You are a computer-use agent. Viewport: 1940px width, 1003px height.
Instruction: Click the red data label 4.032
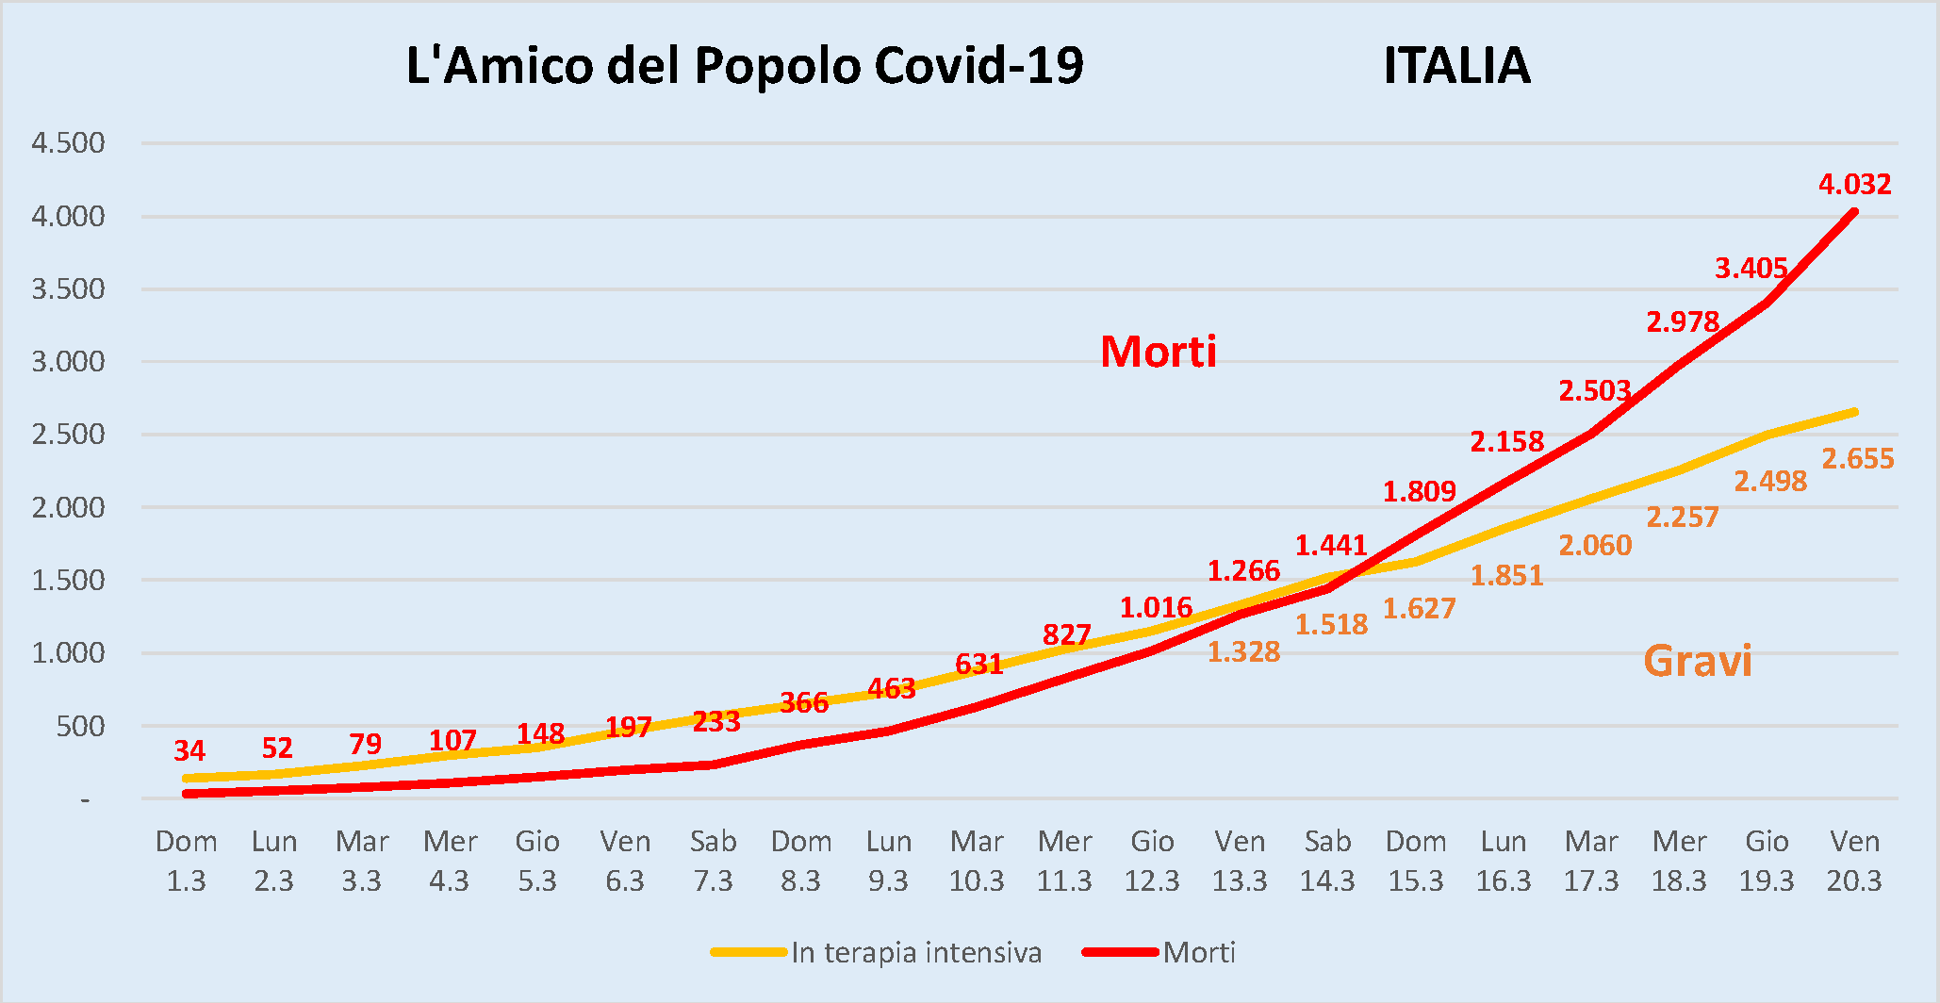[1854, 184]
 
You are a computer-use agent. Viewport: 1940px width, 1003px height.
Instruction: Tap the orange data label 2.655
[1857, 459]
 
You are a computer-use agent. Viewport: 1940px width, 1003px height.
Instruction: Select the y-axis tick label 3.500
[68, 288]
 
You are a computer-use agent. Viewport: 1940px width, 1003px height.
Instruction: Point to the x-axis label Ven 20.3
[1854, 861]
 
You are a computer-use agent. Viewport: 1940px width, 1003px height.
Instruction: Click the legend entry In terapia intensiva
[915, 952]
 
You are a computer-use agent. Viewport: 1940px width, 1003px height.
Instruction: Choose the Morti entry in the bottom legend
[1198, 952]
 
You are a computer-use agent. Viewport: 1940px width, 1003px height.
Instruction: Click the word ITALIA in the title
[1456, 66]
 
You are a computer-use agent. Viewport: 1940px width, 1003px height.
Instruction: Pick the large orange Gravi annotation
[1697, 661]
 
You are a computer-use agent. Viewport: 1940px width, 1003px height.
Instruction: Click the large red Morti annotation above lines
[1159, 352]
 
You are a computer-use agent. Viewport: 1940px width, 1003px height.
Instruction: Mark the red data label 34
[189, 750]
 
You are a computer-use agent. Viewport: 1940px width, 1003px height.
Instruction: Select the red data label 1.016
[1156, 607]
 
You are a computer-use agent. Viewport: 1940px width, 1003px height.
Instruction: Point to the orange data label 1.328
[1243, 651]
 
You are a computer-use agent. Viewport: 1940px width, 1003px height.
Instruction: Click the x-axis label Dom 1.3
[186, 861]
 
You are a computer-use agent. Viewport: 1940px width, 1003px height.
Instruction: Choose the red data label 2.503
[1594, 390]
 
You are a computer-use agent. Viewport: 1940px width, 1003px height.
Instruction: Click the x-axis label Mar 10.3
[977, 861]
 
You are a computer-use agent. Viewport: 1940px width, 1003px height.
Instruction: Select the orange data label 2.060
[1594, 545]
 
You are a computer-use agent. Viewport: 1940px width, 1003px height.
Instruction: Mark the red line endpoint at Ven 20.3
[1854, 212]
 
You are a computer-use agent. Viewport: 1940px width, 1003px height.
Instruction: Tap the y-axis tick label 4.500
[68, 143]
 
